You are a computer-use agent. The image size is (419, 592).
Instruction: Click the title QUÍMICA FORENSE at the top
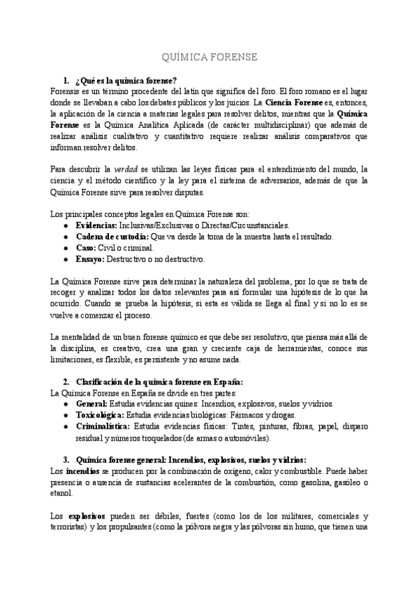coord(209,57)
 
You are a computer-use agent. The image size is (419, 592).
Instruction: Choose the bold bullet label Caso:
coord(87,247)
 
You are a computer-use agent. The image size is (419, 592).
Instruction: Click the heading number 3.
coord(66,460)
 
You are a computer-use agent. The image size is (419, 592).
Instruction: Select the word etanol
coord(61,494)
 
